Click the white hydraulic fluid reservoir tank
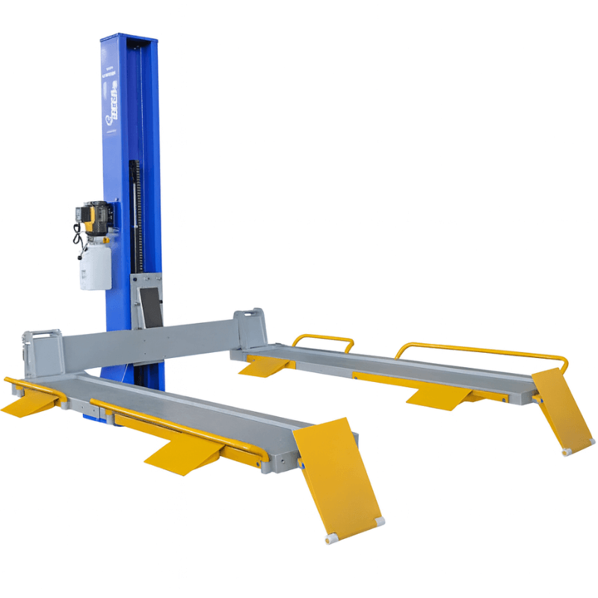[x=96, y=266]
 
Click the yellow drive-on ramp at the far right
[x=561, y=410]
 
